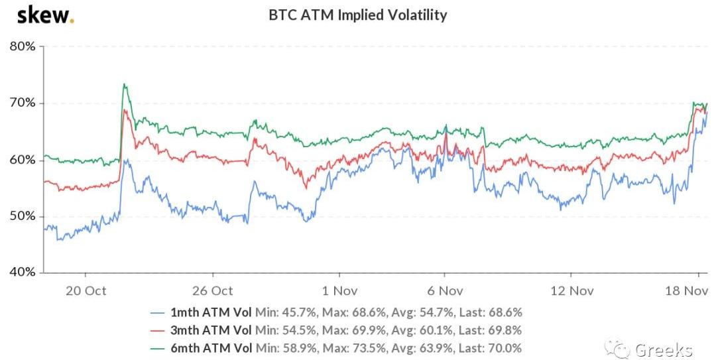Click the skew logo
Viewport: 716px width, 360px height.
point(45,15)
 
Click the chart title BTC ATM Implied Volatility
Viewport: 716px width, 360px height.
point(357,15)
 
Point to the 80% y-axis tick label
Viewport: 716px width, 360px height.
point(23,46)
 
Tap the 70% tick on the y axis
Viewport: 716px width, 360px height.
point(23,103)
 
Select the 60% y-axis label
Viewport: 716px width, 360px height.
point(23,160)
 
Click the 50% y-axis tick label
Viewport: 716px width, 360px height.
point(23,216)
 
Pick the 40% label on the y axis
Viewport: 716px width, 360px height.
point(23,272)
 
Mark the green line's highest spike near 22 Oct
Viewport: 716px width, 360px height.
point(124,84)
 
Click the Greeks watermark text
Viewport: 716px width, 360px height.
point(663,349)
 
